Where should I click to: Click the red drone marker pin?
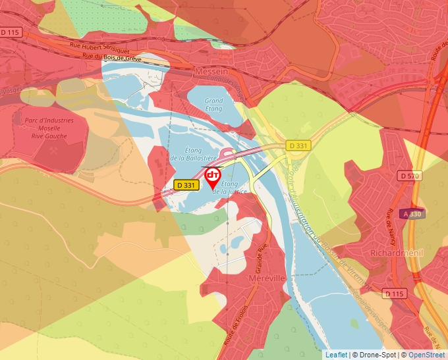click(213, 176)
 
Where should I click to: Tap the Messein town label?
click(211, 69)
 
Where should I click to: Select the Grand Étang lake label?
click(214, 105)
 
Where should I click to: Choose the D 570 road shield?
click(410, 176)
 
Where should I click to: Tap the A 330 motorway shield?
click(412, 213)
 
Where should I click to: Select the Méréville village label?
click(267, 278)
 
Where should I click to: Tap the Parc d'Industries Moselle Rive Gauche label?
click(49, 128)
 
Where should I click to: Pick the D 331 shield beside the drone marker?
click(186, 186)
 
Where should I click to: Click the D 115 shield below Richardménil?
click(395, 294)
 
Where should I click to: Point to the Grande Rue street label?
click(256, 259)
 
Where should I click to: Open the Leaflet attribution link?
click(336, 355)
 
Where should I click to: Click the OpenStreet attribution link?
click(426, 355)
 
